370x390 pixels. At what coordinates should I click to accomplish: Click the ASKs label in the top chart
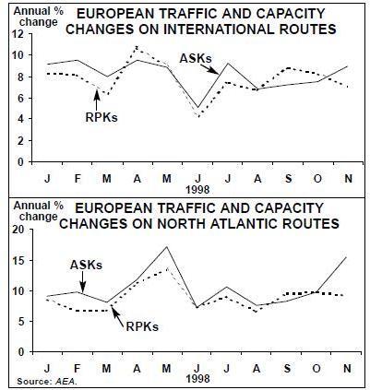tap(196, 58)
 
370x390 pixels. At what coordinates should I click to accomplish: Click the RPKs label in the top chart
tap(101, 117)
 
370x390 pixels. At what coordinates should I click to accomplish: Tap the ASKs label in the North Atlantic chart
tap(86, 265)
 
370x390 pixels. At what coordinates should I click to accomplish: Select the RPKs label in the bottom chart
tap(142, 326)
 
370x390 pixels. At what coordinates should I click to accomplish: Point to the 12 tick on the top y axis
tap(18, 34)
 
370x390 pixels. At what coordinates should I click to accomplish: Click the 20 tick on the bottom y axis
tap(18, 230)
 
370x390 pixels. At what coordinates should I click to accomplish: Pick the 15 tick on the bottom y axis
tap(18, 260)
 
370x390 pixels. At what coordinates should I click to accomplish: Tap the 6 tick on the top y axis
tap(20, 99)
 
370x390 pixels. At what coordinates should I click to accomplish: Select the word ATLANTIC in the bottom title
tap(245, 223)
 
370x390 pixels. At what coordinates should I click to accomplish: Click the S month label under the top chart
tap(288, 179)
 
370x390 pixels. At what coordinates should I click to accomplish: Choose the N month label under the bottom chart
tap(347, 368)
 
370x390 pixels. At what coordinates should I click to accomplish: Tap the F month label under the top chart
tap(78, 179)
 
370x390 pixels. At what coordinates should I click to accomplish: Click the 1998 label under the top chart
tap(197, 190)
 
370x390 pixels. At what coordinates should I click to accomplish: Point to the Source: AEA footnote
tap(46, 382)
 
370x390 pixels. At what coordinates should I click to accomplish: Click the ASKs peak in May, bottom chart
tap(167, 246)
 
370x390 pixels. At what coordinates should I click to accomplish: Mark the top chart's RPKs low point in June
tap(199, 117)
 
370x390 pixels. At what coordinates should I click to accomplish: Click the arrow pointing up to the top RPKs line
tap(97, 99)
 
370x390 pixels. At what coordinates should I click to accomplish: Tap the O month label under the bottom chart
tap(316, 368)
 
